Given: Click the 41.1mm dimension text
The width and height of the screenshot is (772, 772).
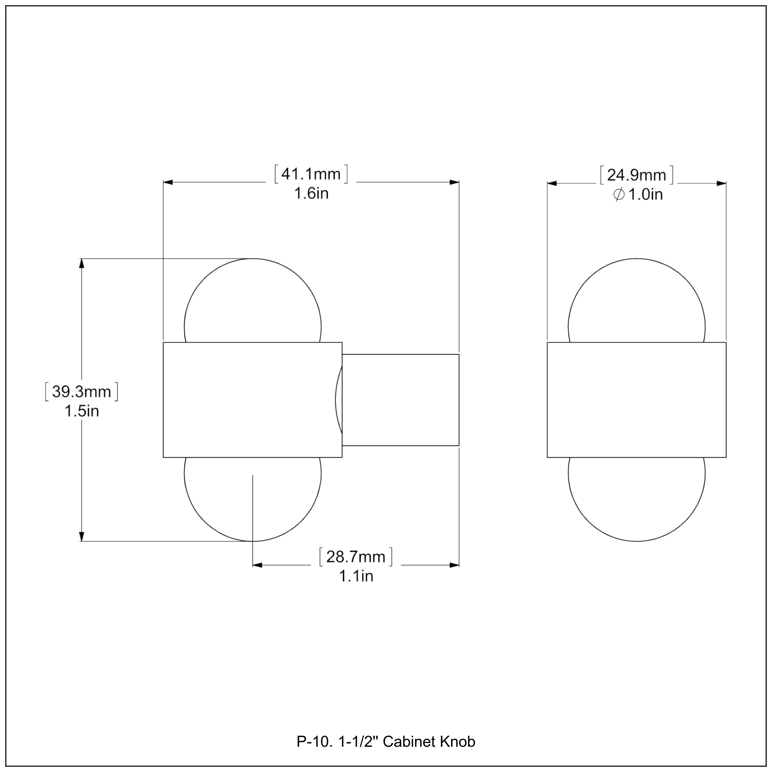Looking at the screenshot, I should pyautogui.click(x=311, y=174).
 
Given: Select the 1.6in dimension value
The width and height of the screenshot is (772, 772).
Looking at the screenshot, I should pyautogui.click(x=311, y=194).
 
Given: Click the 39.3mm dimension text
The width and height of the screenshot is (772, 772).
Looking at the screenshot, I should pyautogui.click(x=82, y=392).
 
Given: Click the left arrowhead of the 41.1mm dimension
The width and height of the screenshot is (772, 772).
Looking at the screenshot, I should pyautogui.click(x=168, y=182).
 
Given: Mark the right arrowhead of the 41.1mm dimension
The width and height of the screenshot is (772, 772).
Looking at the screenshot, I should pyautogui.click(x=454, y=182).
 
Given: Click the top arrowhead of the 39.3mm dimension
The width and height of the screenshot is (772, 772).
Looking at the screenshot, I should pyautogui.click(x=82, y=264).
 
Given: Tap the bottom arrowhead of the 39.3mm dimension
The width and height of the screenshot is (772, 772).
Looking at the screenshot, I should pyautogui.click(x=82, y=536).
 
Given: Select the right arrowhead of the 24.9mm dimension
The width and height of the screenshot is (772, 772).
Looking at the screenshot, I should pyautogui.click(x=721, y=183).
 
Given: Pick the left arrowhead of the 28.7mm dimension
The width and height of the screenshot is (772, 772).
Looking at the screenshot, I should pyautogui.click(x=257, y=565).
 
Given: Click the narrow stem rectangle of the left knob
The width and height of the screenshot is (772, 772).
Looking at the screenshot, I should pyautogui.click(x=401, y=400).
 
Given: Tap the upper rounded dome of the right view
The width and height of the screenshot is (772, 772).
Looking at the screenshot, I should pyautogui.click(x=637, y=300).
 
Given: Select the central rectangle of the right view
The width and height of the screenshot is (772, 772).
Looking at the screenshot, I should pyautogui.click(x=637, y=400).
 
